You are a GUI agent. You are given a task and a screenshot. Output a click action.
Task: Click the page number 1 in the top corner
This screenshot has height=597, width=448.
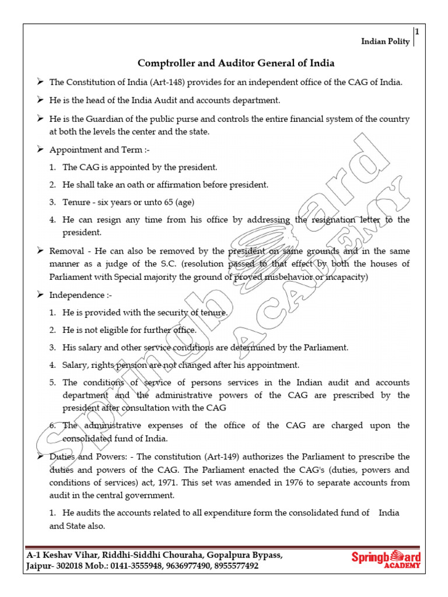pos(417,33)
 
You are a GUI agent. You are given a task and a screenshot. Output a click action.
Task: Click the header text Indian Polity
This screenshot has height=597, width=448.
pos(385,41)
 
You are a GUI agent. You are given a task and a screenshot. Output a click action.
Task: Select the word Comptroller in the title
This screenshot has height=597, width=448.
pos(164,63)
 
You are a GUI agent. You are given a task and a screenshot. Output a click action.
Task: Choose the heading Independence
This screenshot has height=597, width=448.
pos(76,295)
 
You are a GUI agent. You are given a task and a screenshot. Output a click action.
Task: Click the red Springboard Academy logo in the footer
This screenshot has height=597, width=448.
pos(386,560)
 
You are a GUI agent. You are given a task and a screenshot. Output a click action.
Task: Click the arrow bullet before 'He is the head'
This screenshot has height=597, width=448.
pos(40,100)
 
